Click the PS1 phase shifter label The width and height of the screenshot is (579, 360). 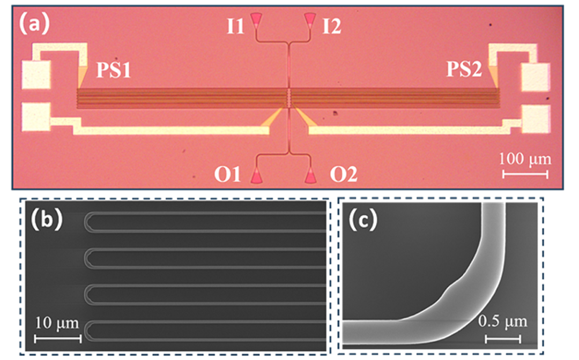coord(113,71)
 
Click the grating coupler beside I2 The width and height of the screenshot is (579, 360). coord(310,20)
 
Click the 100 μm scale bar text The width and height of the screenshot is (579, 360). coord(524,160)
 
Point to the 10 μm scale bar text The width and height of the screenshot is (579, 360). coord(57,323)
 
